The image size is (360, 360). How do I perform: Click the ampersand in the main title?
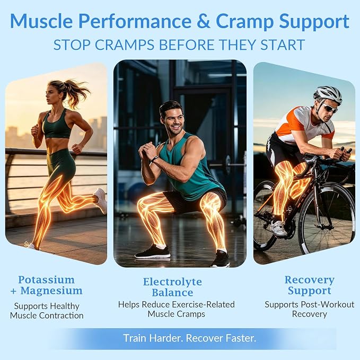click(204, 21)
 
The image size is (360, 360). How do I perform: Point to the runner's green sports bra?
click(57, 125)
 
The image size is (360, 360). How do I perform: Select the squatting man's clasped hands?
click(146, 149)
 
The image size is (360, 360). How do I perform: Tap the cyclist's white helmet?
click(328, 94)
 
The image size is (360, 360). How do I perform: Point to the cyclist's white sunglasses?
click(330, 109)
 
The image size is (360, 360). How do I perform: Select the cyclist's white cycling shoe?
click(278, 228)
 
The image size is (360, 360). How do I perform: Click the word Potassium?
click(46, 280)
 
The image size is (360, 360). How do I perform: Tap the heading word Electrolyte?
click(172, 282)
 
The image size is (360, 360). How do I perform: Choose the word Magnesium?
click(51, 291)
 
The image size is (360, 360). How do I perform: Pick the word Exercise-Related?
click(203, 304)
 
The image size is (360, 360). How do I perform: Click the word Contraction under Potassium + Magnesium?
click(62, 315)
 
